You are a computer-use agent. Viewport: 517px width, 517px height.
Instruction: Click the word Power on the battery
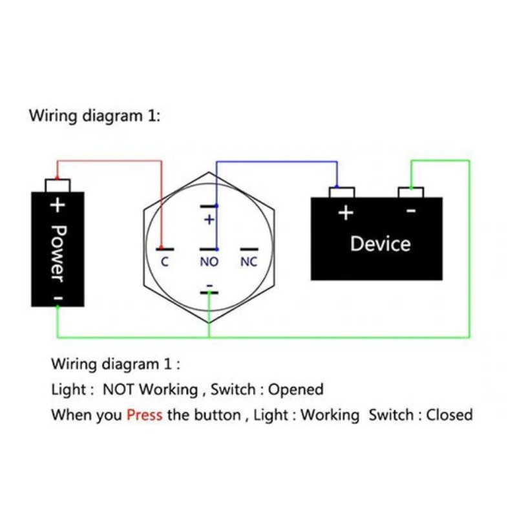(57, 253)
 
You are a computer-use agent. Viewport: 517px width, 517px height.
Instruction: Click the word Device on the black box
(380, 244)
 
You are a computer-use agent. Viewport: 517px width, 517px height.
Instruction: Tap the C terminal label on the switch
(165, 262)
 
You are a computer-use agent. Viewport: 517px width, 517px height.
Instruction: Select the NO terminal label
(209, 262)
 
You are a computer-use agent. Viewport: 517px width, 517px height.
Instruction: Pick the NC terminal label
(249, 262)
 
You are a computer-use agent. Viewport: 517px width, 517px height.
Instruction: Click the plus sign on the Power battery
(58, 206)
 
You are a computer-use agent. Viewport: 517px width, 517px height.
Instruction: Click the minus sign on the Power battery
(58, 298)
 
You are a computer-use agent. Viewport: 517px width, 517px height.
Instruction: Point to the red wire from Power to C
(110, 161)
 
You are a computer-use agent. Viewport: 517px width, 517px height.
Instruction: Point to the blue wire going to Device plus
(278, 162)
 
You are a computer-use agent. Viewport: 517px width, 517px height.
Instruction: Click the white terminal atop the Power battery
(58, 185)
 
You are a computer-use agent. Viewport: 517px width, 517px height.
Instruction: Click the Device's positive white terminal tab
(342, 193)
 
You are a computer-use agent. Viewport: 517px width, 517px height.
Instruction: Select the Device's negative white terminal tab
(410, 193)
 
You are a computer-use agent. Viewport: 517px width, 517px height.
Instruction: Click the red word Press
(144, 415)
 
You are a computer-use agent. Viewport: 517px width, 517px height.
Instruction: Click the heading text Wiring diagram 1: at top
(94, 116)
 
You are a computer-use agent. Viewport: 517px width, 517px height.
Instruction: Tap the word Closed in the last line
(449, 415)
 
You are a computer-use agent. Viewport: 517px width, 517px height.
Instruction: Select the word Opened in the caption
(295, 390)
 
